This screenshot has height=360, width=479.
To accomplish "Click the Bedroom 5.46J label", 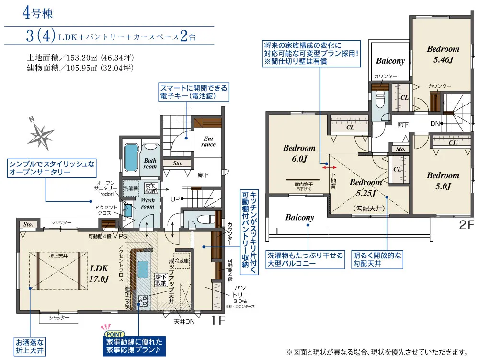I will pyautogui.click(x=443, y=54).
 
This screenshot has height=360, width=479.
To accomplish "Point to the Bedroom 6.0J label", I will pyautogui.click(x=299, y=153).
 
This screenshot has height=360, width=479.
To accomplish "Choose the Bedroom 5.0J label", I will pyautogui.click(x=443, y=181).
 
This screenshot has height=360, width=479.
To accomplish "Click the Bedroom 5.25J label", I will pyautogui.click(x=365, y=187).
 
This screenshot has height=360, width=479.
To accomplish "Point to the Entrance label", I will pyautogui.click(x=208, y=141).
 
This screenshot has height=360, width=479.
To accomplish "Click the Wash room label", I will pyautogui.click(x=148, y=203).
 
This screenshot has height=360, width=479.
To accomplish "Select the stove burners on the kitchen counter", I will pyautogui.click(x=143, y=301).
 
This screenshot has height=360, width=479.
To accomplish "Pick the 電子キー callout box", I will pyautogui.click(x=193, y=92).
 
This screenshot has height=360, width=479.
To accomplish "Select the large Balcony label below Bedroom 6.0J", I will pyautogui.click(x=299, y=217).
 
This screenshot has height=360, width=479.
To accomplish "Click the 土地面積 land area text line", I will pyautogui.click(x=80, y=58).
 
